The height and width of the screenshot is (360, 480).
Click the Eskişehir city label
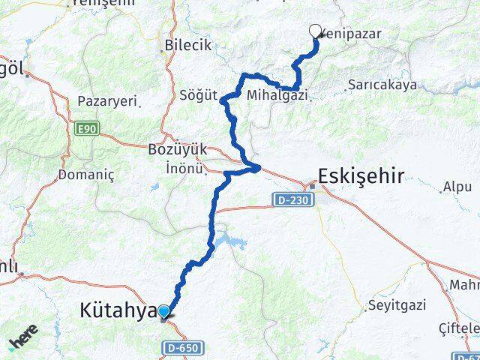click(361, 177)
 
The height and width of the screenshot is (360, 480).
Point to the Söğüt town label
click(198, 96)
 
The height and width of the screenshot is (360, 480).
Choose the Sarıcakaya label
click(382, 85)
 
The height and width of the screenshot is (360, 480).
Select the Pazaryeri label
click(107, 100)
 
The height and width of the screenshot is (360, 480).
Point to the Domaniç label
click(85, 175)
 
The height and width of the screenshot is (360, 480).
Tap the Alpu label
click(457, 186)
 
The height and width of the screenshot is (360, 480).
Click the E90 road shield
click(86, 129)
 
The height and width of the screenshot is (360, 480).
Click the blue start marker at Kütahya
click(163, 311)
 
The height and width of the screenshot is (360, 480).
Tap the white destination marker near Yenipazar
click(316, 31)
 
